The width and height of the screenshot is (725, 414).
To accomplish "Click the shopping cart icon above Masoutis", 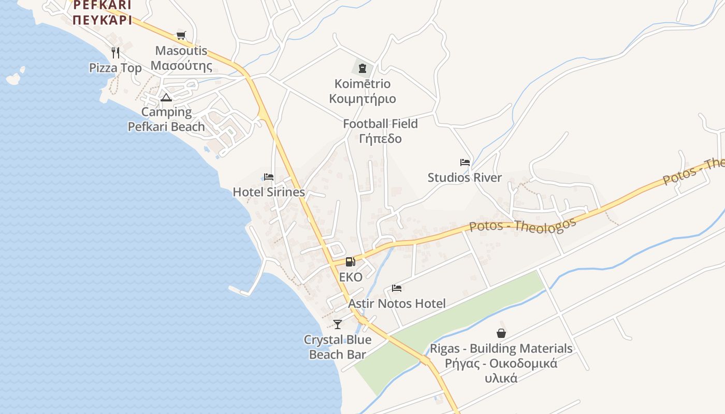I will point(181,35).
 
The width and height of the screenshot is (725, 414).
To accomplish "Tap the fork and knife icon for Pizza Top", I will point(115,52).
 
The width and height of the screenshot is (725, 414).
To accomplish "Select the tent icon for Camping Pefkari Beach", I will point(166,97).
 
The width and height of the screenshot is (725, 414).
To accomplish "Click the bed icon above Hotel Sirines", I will point(268,177).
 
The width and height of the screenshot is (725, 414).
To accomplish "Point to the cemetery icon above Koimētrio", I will point(363,68).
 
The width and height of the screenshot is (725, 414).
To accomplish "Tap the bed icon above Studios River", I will point(465,162).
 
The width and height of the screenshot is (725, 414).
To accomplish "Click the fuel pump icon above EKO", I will point(351,262).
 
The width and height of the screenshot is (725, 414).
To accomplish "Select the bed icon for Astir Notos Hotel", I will point(397,288).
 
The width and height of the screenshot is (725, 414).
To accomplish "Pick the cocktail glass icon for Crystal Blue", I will point(338,324).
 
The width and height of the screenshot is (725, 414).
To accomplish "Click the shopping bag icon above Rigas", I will point(501,333).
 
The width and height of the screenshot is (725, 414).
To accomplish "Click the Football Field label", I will point(380,124).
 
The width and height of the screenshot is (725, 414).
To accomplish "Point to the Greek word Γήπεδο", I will point(380,139).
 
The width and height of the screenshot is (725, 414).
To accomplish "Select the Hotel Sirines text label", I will point(269,192).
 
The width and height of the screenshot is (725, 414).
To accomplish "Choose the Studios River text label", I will point(465,178).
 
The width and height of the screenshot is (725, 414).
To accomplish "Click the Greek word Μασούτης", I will point(181,66).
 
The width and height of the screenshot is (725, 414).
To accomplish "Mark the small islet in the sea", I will point(14,78).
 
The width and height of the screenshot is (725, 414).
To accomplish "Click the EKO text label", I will point(351,277).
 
